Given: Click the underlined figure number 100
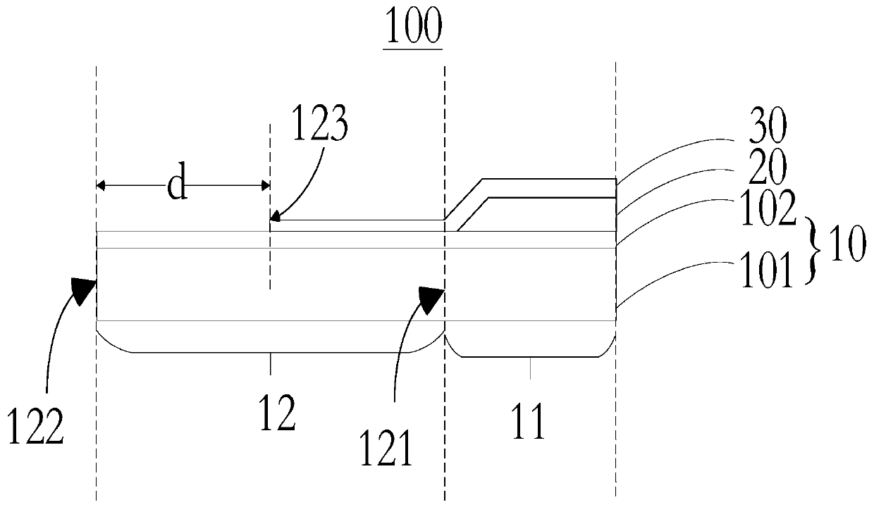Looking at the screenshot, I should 412,27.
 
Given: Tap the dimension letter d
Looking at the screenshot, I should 177,186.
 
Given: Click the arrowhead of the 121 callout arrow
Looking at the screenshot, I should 432,298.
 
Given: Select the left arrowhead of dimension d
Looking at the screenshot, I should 101,186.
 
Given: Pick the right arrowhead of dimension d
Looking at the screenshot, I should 265,186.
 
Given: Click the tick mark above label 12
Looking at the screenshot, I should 271,363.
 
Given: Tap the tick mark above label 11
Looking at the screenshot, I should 530,367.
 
